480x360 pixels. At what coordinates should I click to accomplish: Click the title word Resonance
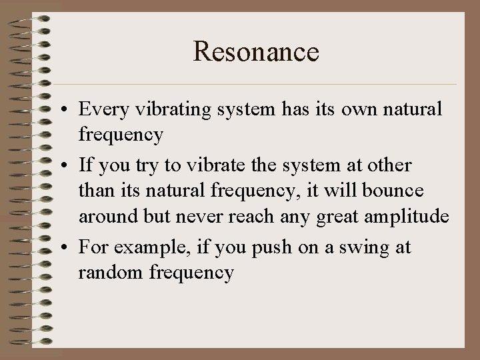coord(256,51)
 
